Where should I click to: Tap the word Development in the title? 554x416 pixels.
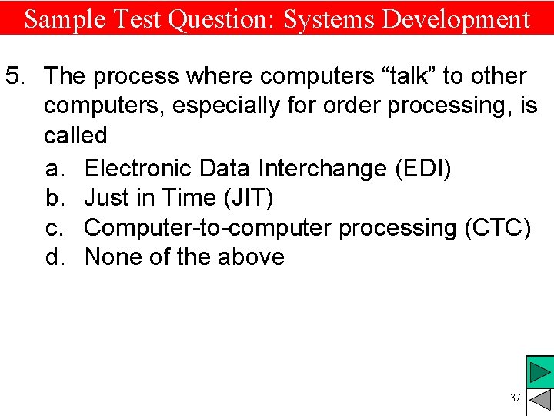(456, 18)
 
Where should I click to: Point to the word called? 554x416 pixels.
(75, 136)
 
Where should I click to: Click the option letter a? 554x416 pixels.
(53, 167)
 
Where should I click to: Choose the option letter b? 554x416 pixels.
(53, 197)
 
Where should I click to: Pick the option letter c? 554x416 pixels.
(53, 227)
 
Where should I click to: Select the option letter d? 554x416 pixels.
(53, 257)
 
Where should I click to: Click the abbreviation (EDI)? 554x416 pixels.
(422, 167)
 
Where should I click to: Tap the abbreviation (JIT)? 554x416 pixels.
(248, 197)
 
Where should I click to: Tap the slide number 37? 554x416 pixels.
(515, 398)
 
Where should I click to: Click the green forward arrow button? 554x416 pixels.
(540, 373)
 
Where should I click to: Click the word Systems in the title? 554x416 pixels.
(329, 18)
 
